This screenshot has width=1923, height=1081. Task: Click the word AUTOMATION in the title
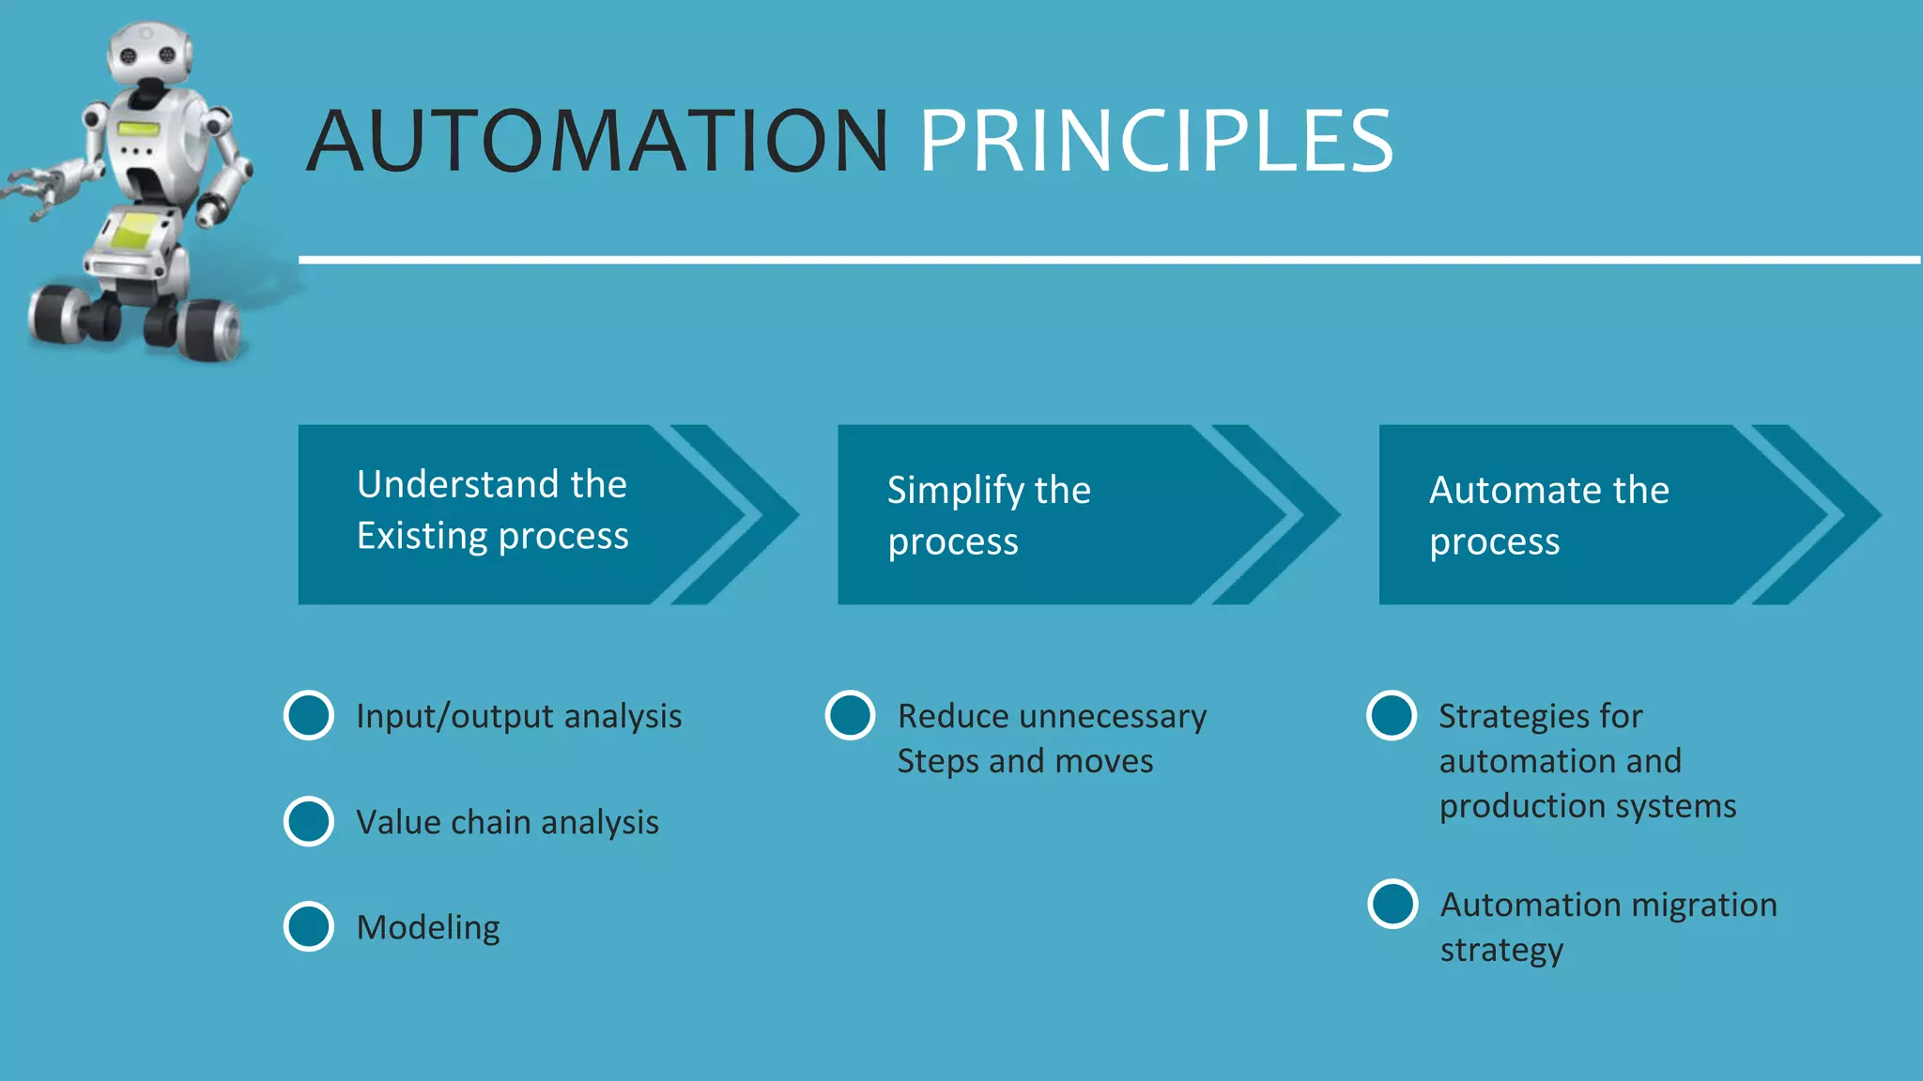[x=597, y=142]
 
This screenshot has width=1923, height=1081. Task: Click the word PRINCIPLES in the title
[x=1155, y=142]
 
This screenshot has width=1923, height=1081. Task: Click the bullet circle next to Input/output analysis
[x=309, y=716]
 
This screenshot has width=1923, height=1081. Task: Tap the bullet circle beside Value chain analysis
[x=309, y=822]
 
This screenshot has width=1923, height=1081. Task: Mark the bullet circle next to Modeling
[x=309, y=927]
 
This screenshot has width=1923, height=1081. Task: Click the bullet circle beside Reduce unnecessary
[x=851, y=716]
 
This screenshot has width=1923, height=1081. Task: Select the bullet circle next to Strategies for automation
[x=1392, y=716]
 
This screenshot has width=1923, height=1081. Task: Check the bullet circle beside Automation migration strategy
[x=1392, y=905]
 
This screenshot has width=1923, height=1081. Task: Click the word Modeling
[x=428, y=928]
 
